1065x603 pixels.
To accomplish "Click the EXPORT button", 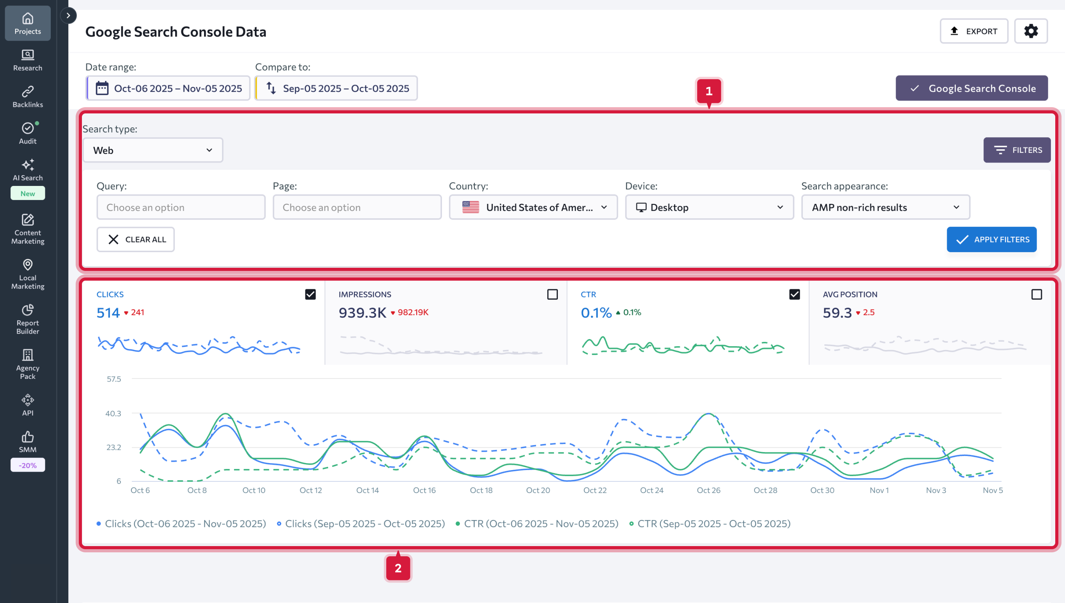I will (x=973, y=31).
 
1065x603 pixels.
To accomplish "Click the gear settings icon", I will (x=1031, y=31).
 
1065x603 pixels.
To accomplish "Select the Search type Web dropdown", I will (x=153, y=150).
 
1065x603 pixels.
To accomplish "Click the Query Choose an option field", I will (x=181, y=207).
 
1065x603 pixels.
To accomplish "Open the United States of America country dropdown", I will (x=533, y=207).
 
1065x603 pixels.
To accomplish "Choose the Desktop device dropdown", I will (x=710, y=207).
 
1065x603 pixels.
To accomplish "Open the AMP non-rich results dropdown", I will (x=886, y=207).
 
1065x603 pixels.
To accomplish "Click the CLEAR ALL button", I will (x=136, y=239).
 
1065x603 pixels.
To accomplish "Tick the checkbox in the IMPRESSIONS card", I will (x=552, y=294).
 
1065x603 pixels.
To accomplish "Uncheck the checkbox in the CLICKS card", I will (x=311, y=294).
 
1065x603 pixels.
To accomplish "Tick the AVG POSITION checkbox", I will (x=1037, y=294).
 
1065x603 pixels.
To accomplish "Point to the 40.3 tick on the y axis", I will (x=113, y=413).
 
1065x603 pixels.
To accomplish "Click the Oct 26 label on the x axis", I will (x=708, y=490).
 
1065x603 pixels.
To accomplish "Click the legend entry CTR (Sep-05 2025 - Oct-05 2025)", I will (x=710, y=524).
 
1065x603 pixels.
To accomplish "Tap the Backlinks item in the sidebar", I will (x=28, y=97).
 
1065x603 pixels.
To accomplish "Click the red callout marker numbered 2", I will (x=398, y=568).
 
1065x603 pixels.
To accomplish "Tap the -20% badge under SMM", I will (x=28, y=465).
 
